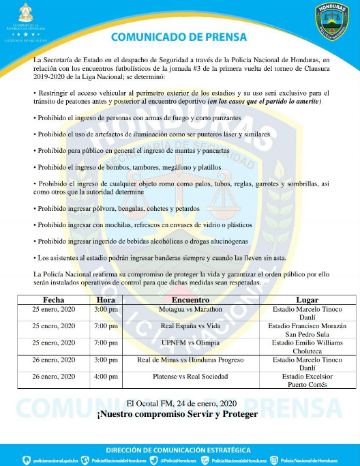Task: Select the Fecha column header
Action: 54,300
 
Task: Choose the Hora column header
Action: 106,300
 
